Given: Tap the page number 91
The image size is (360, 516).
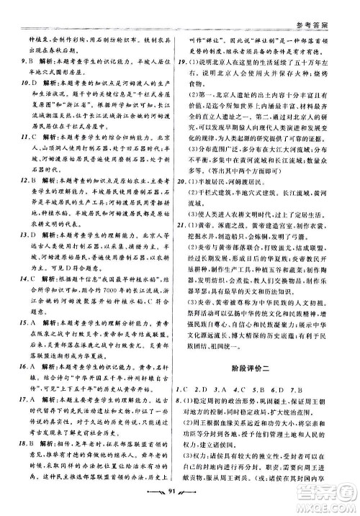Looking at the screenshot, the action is click(180, 498).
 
